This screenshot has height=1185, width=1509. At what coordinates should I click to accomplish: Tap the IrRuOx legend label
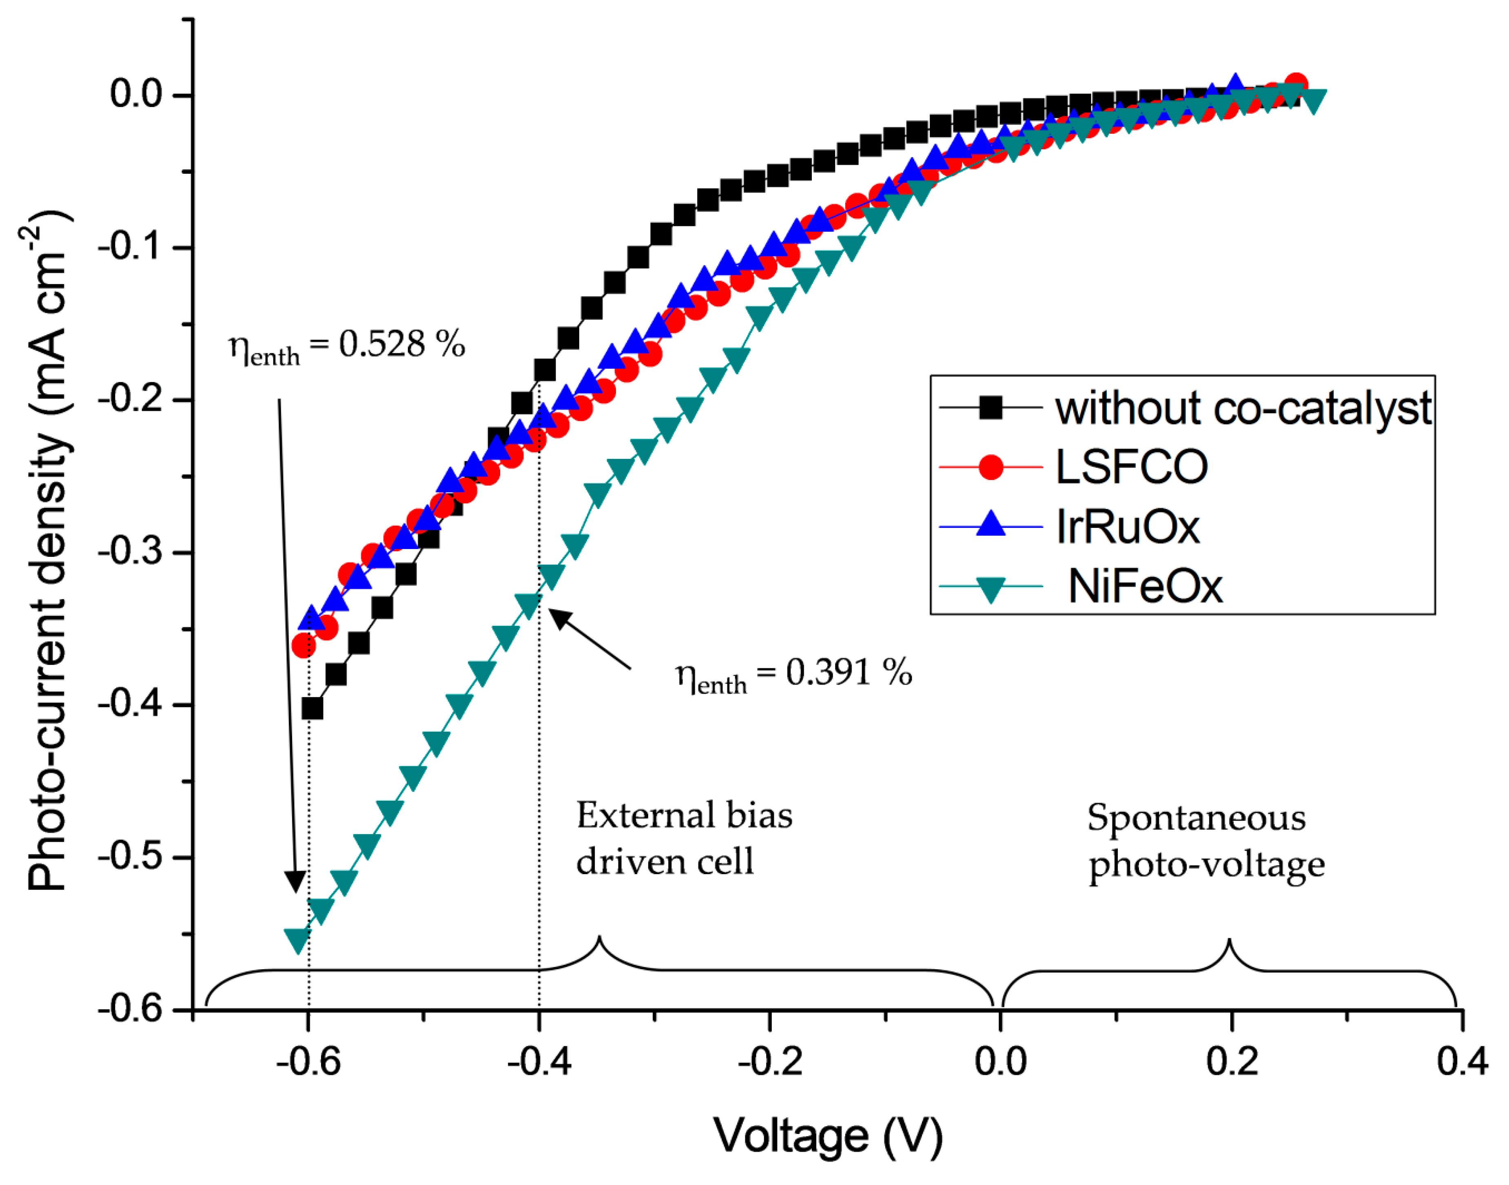[1128, 527]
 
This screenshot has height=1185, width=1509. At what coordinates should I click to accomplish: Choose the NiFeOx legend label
[1145, 587]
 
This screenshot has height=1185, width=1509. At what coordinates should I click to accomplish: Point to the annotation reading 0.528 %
[347, 345]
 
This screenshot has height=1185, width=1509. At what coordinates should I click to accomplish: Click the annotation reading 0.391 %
[794, 673]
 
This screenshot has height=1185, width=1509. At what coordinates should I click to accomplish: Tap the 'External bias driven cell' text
[683, 838]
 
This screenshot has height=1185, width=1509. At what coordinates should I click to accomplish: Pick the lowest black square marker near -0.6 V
[312, 709]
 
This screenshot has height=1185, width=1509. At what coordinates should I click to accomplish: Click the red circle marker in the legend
[991, 467]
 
